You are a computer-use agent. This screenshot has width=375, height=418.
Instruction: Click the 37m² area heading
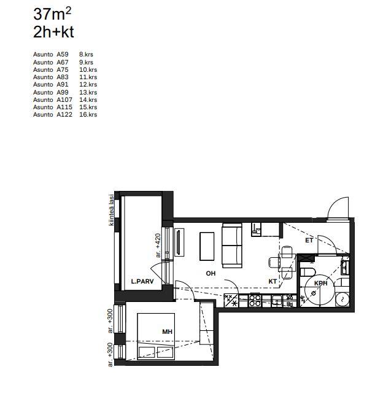52,14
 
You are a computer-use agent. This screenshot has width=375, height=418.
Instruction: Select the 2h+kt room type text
53,32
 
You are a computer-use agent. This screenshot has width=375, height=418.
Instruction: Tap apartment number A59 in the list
63,55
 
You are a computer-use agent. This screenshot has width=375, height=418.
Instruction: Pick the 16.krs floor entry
88,115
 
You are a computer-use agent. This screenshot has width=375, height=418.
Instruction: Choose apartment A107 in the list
64,99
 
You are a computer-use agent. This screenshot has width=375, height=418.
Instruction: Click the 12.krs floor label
88,85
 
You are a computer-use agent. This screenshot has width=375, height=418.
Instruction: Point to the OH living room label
211,273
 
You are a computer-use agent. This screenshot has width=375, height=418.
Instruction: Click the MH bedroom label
167,331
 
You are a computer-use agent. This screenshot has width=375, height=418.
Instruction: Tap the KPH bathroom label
320,283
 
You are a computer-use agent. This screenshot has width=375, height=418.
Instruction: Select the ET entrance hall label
309,241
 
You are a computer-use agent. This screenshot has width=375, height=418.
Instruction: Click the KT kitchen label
273,282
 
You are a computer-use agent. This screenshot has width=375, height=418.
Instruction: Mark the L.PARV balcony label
142,281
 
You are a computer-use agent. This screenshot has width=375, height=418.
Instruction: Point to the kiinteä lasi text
112,210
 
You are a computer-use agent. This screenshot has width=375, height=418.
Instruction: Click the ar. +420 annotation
158,246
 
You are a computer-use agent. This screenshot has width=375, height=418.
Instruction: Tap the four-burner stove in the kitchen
255,300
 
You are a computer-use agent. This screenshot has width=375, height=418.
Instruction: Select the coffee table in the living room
207,246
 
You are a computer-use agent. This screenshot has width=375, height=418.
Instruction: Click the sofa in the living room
232,246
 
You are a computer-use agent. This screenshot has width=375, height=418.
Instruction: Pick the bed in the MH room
156,336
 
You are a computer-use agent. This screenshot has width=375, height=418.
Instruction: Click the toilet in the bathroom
308,273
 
